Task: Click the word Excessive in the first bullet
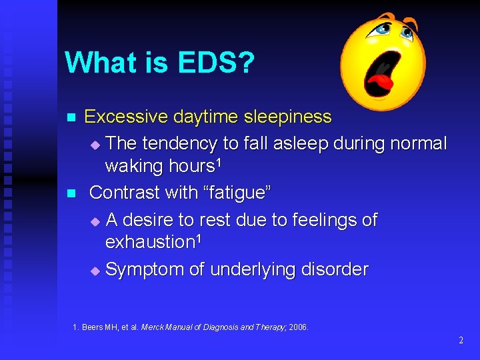pos(126,117)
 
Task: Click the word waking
pos(134,166)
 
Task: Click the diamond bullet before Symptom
pos(95,271)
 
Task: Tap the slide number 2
pos(461,341)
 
